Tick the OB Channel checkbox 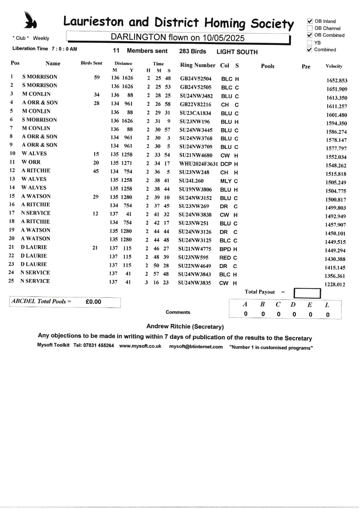(x=309, y=28)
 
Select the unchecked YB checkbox (x=309, y=43)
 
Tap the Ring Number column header (x=198, y=65)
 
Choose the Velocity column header (x=334, y=66)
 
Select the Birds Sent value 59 (x=96, y=78)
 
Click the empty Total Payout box (x=307, y=293)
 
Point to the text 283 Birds (x=193, y=51)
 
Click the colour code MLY (x=225, y=181)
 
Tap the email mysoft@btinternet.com (x=196, y=347)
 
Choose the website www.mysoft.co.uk (x=140, y=347)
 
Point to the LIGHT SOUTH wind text (x=237, y=52)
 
